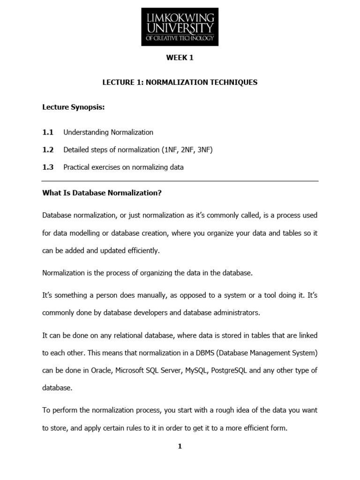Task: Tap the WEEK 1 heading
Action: tap(180, 58)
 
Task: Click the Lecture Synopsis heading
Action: tap(74, 108)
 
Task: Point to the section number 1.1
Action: tap(48, 133)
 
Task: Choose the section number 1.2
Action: tap(48, 150)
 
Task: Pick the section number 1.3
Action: tap(48, 167)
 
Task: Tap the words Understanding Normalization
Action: tap(108, 133)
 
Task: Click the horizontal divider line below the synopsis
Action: tap(180, 181)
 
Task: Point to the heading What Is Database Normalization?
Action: tap(102, 193)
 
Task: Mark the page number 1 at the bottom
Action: tap(180, 447)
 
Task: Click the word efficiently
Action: tap(140, 251)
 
